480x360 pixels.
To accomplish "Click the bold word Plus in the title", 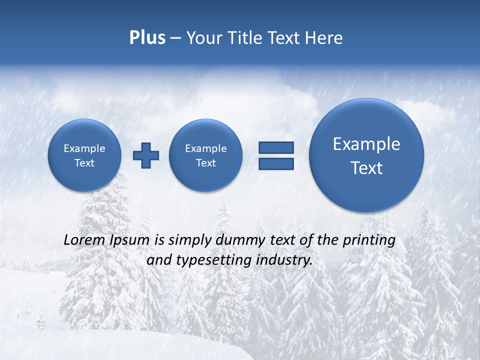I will point(147,38).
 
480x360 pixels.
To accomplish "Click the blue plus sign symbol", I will point(146,155).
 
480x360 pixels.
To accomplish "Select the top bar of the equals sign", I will point(276,147).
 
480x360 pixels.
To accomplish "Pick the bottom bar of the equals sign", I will point(276,164).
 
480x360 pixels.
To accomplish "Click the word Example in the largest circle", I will point(366,144).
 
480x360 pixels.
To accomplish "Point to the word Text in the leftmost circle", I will point(84,163).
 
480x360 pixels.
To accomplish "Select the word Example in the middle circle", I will point(205,148).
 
